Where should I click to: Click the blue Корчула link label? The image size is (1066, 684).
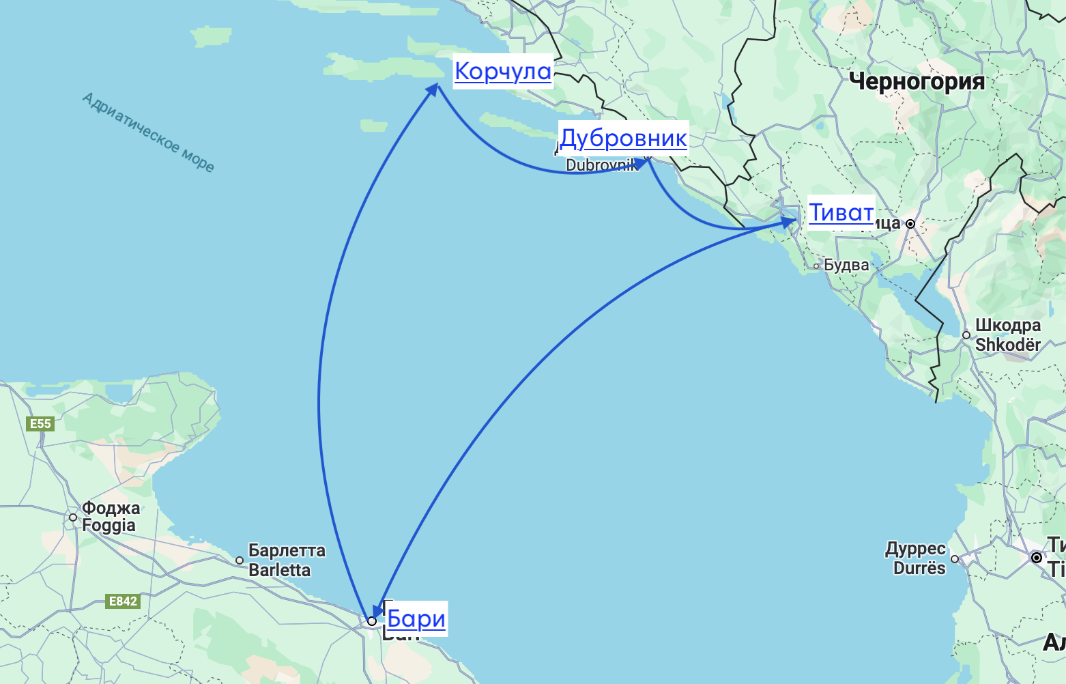pos(503,71)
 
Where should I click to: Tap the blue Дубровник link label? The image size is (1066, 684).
pos(623,138)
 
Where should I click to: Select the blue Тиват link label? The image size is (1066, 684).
pos(841,212)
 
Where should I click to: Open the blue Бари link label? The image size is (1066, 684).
pos(416,618)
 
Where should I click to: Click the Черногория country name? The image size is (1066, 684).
pos(917,82)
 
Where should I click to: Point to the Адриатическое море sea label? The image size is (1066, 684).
pos(148,132)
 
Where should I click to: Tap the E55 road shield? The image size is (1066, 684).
pos(40,424)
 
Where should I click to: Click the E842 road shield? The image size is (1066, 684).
pos(123,601)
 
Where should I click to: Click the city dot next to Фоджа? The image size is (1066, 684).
pos(73,517)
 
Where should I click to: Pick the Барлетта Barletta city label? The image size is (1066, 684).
pos(287,560)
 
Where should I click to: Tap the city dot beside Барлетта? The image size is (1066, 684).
pos(240,560)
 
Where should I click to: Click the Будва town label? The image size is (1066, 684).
pos(846,265)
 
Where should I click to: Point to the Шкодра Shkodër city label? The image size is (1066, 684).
pos(1008,334)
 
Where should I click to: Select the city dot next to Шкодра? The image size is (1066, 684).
pos(966,335)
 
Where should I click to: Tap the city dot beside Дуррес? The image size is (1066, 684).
pos(955,559)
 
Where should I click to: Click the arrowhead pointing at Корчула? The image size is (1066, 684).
pos(433,89)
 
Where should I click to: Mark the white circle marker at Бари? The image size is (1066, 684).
pos(372,621)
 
